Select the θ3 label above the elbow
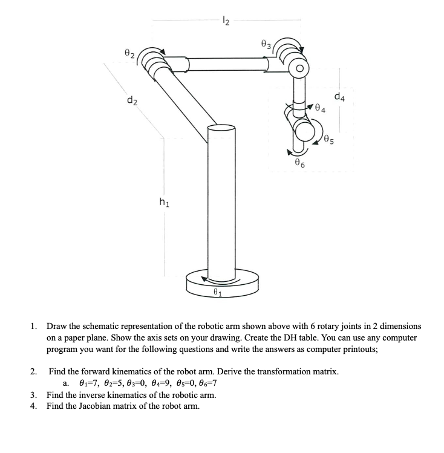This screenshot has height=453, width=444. click(x=265, y=44)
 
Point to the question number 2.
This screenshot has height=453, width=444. click(x=33, y=371)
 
